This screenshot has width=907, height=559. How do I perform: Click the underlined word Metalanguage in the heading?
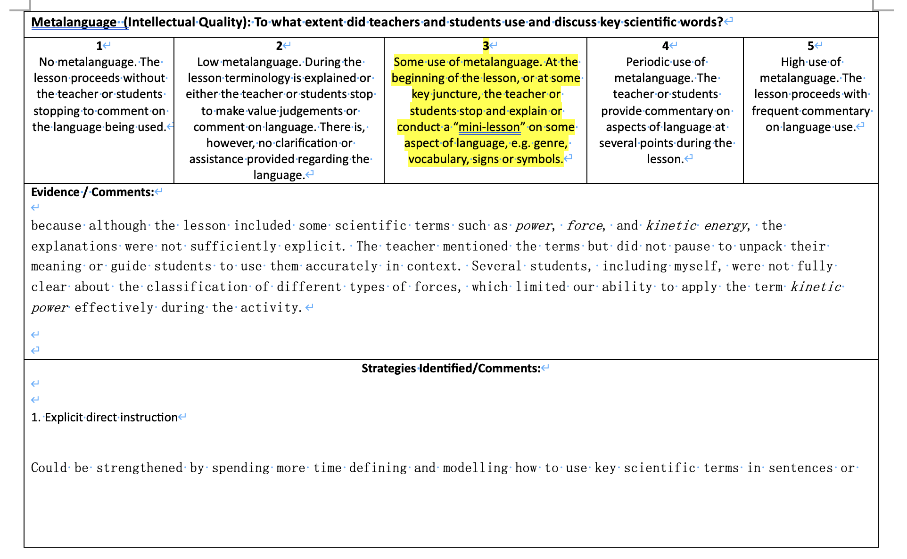74,22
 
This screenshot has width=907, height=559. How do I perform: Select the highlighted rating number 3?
486,46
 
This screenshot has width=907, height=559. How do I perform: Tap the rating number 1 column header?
99,46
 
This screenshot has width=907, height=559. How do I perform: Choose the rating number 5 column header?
810,46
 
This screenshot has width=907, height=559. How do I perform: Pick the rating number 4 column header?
665,46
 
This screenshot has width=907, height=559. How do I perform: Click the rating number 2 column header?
279,46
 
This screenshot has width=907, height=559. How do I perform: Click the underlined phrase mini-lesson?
489,127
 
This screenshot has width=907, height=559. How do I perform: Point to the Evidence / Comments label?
92,192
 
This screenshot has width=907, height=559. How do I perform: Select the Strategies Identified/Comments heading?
451,369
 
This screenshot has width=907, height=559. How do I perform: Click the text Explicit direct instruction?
111,418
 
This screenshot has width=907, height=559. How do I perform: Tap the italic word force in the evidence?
584,226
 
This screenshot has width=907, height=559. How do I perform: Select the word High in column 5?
792,62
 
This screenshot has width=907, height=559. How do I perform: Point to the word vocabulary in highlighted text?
438,159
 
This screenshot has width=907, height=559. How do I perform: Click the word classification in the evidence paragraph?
197,287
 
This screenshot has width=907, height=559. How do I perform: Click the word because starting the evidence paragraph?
56,226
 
